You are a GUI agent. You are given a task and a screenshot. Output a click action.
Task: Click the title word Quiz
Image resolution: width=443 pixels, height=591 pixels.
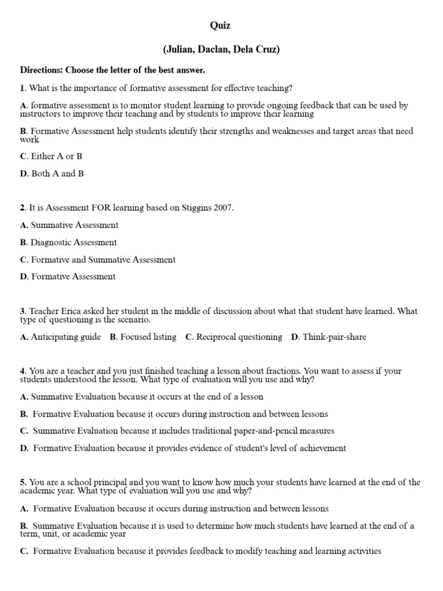point(221,25)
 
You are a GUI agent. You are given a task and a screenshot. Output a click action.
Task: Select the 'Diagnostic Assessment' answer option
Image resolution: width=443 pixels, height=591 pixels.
point(73,242)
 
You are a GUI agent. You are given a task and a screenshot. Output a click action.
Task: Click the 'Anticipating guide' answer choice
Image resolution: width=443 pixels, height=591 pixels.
point(65,337)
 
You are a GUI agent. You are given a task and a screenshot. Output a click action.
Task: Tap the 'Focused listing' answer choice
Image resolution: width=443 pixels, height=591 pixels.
point(148,337)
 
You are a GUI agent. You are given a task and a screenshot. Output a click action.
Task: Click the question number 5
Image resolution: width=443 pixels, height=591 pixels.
point(22,482)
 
